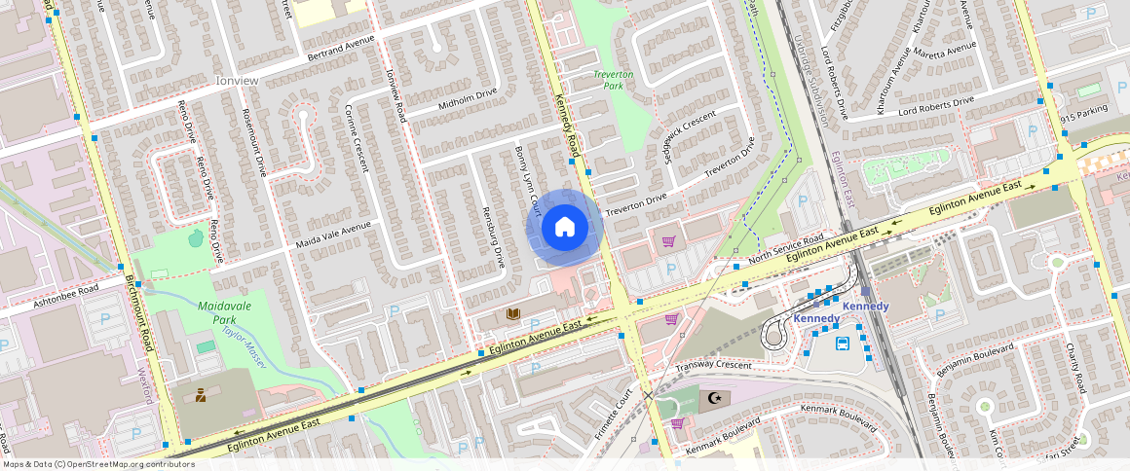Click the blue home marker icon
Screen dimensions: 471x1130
point(564,228)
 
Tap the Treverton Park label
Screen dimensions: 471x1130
point(614,80)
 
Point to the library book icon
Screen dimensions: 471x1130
point(512,313)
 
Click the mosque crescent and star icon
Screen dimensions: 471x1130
point(716,398)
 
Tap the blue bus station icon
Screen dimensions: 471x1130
point(843,343)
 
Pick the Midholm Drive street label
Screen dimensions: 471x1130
point(468,97)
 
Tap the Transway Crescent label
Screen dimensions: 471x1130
point(714,365)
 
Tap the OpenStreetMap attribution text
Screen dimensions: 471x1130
point(97,464)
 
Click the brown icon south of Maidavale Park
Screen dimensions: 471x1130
point(201,395)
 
